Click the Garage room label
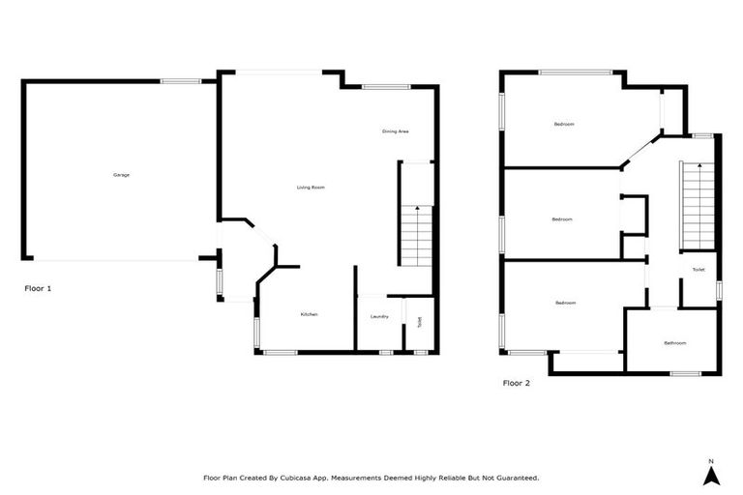tap(121, 175)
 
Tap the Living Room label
tap(310, 187)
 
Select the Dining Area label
tap(395, 131)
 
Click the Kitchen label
tap(309, 314)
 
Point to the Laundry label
tap(379, 316)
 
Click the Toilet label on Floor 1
tap(419, 323)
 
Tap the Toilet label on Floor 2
tap(698, 270)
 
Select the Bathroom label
tap(674, 343)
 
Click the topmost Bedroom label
tap(564, 125)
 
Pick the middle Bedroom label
tap(562, 219)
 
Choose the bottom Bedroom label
tap(566, 304)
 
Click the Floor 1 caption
tap(38, 288)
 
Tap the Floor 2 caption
tap(517, 383)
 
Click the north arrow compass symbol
tap(710, 474)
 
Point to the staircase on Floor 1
tap(416, 237)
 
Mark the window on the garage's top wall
tap(180, 81)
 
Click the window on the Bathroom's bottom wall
tap(685, 373)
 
